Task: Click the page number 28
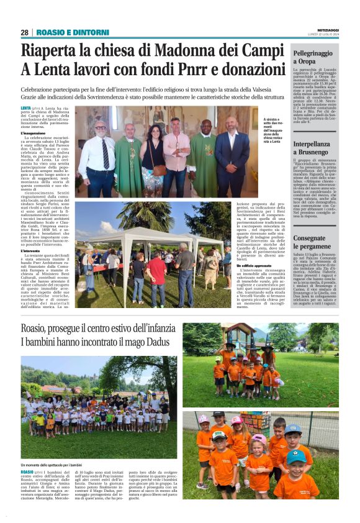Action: (x=24, y=32)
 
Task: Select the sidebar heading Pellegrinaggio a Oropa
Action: (x=313, y=58)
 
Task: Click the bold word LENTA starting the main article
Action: (x=26, y=108)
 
